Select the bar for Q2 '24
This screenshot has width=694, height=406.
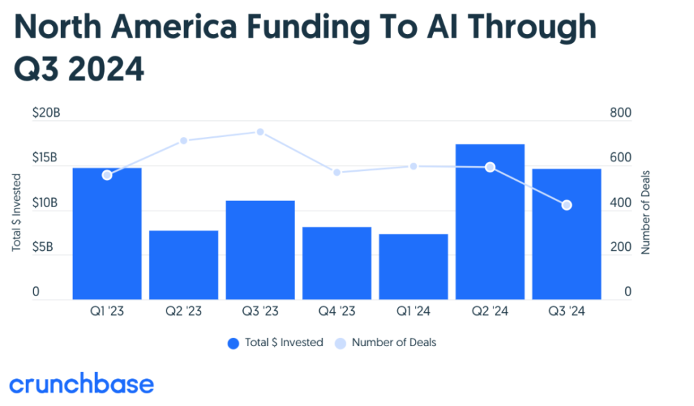pos(490,222)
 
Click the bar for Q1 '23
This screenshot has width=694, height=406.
pos(107,234)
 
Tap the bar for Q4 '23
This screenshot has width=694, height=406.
pos(337,263)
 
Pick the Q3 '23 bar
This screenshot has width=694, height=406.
pos(260,250)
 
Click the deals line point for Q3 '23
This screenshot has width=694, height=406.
pos(260,132)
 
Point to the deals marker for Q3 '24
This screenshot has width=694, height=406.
pos(566,205)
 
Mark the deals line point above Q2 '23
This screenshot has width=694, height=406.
pos(184,141)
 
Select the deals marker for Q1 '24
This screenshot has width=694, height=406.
pos(414,166)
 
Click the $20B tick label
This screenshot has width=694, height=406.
pos(46,113)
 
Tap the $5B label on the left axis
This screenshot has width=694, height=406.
pos(42,247)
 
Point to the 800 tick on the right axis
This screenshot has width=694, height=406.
pos(620,113)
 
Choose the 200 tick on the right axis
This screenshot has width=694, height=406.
pos(620,247)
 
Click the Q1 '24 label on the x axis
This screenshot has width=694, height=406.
pos(414,311)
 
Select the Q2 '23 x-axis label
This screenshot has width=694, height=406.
pos(184,311)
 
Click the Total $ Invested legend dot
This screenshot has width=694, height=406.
pos(233,343)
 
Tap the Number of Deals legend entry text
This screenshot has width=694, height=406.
pos(394,343)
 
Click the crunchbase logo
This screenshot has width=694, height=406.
pos(81,383)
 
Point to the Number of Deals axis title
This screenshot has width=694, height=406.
pos(645,212)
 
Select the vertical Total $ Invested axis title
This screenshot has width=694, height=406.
pos(17,212)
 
